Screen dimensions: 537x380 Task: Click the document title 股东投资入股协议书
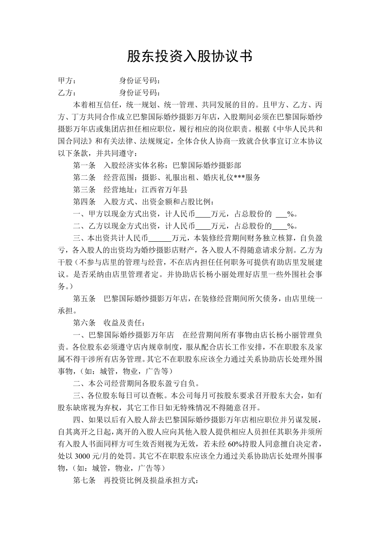(x=190, y=56)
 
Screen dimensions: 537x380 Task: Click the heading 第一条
(x=84, y=165)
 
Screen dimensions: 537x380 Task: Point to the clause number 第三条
(x=84, y=190)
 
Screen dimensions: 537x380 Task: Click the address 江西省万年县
(x=164, y=190)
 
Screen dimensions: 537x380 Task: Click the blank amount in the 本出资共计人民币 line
(x=160, y=239)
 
